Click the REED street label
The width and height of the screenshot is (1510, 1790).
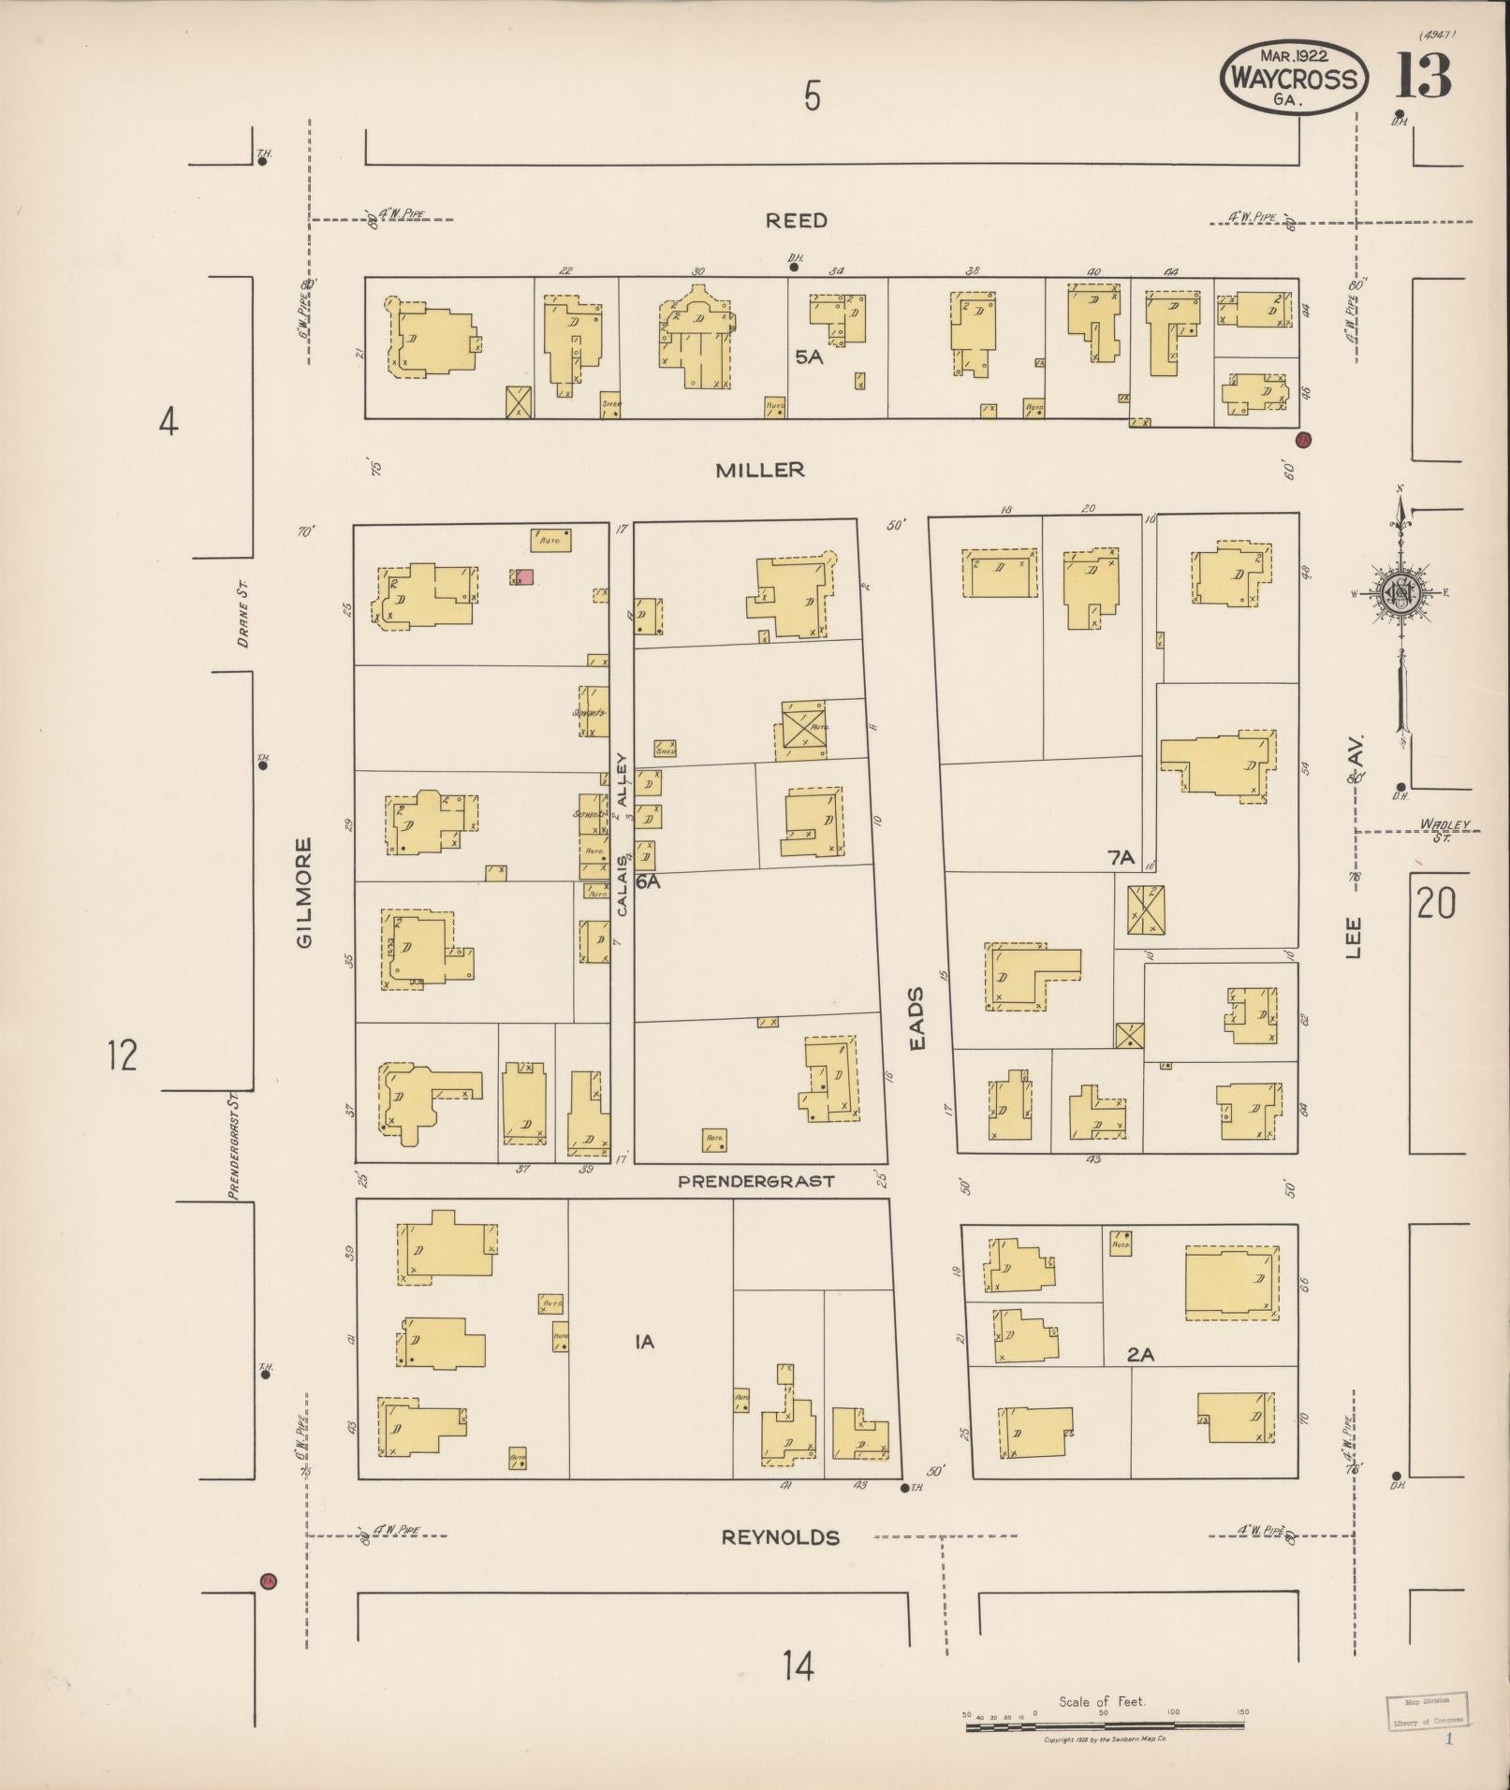[x=796, y=221]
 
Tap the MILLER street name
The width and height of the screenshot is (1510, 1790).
[x=760, y=470]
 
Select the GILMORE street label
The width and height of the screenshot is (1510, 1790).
[x=304, y=892]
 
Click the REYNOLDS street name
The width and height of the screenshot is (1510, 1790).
[x=780, y=1537]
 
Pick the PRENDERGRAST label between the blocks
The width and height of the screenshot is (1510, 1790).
[x=755, y=1181]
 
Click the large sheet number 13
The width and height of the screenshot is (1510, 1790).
[x=1423, y=77]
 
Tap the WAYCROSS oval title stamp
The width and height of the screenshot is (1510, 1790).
[x=1294, y=79]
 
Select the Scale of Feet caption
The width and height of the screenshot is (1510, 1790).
[x=1102, y=1701]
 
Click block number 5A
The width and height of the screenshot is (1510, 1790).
[x=809, y=357]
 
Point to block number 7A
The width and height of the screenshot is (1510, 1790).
[x=1121, y=856]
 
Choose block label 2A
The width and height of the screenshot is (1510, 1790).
[x=1140, y=1352]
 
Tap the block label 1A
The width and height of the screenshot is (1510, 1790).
[x=644, y=1342]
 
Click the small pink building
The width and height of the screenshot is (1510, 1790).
[x=525, y=576]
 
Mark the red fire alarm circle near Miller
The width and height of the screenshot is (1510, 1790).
[x=1302, y=439]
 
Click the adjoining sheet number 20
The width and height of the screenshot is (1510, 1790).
[x=1436, y=904]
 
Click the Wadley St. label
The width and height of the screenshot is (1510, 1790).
[x=1444, y=828]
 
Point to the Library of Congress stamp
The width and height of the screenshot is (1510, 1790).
[x=1426, y=1709]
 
